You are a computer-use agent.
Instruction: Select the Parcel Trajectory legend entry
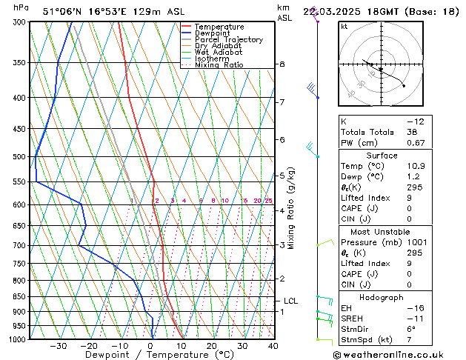228,40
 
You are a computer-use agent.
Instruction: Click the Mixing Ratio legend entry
219,65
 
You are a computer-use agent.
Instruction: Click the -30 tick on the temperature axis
59,346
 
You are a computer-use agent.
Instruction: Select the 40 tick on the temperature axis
273,346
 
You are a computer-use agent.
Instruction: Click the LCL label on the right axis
290,301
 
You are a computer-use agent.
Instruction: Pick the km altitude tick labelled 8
282,64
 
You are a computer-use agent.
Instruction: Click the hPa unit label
21,7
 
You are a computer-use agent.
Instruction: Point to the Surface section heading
381,156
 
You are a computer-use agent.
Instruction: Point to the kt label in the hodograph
344,26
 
